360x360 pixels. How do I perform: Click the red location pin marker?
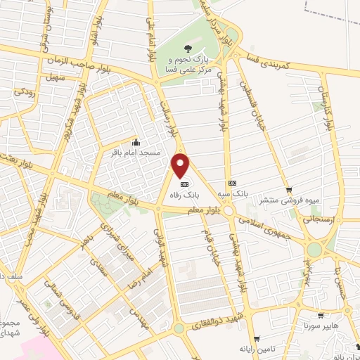click(x=181, y=165)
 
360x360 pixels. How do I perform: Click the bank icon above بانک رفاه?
click(x=185, y=184)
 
